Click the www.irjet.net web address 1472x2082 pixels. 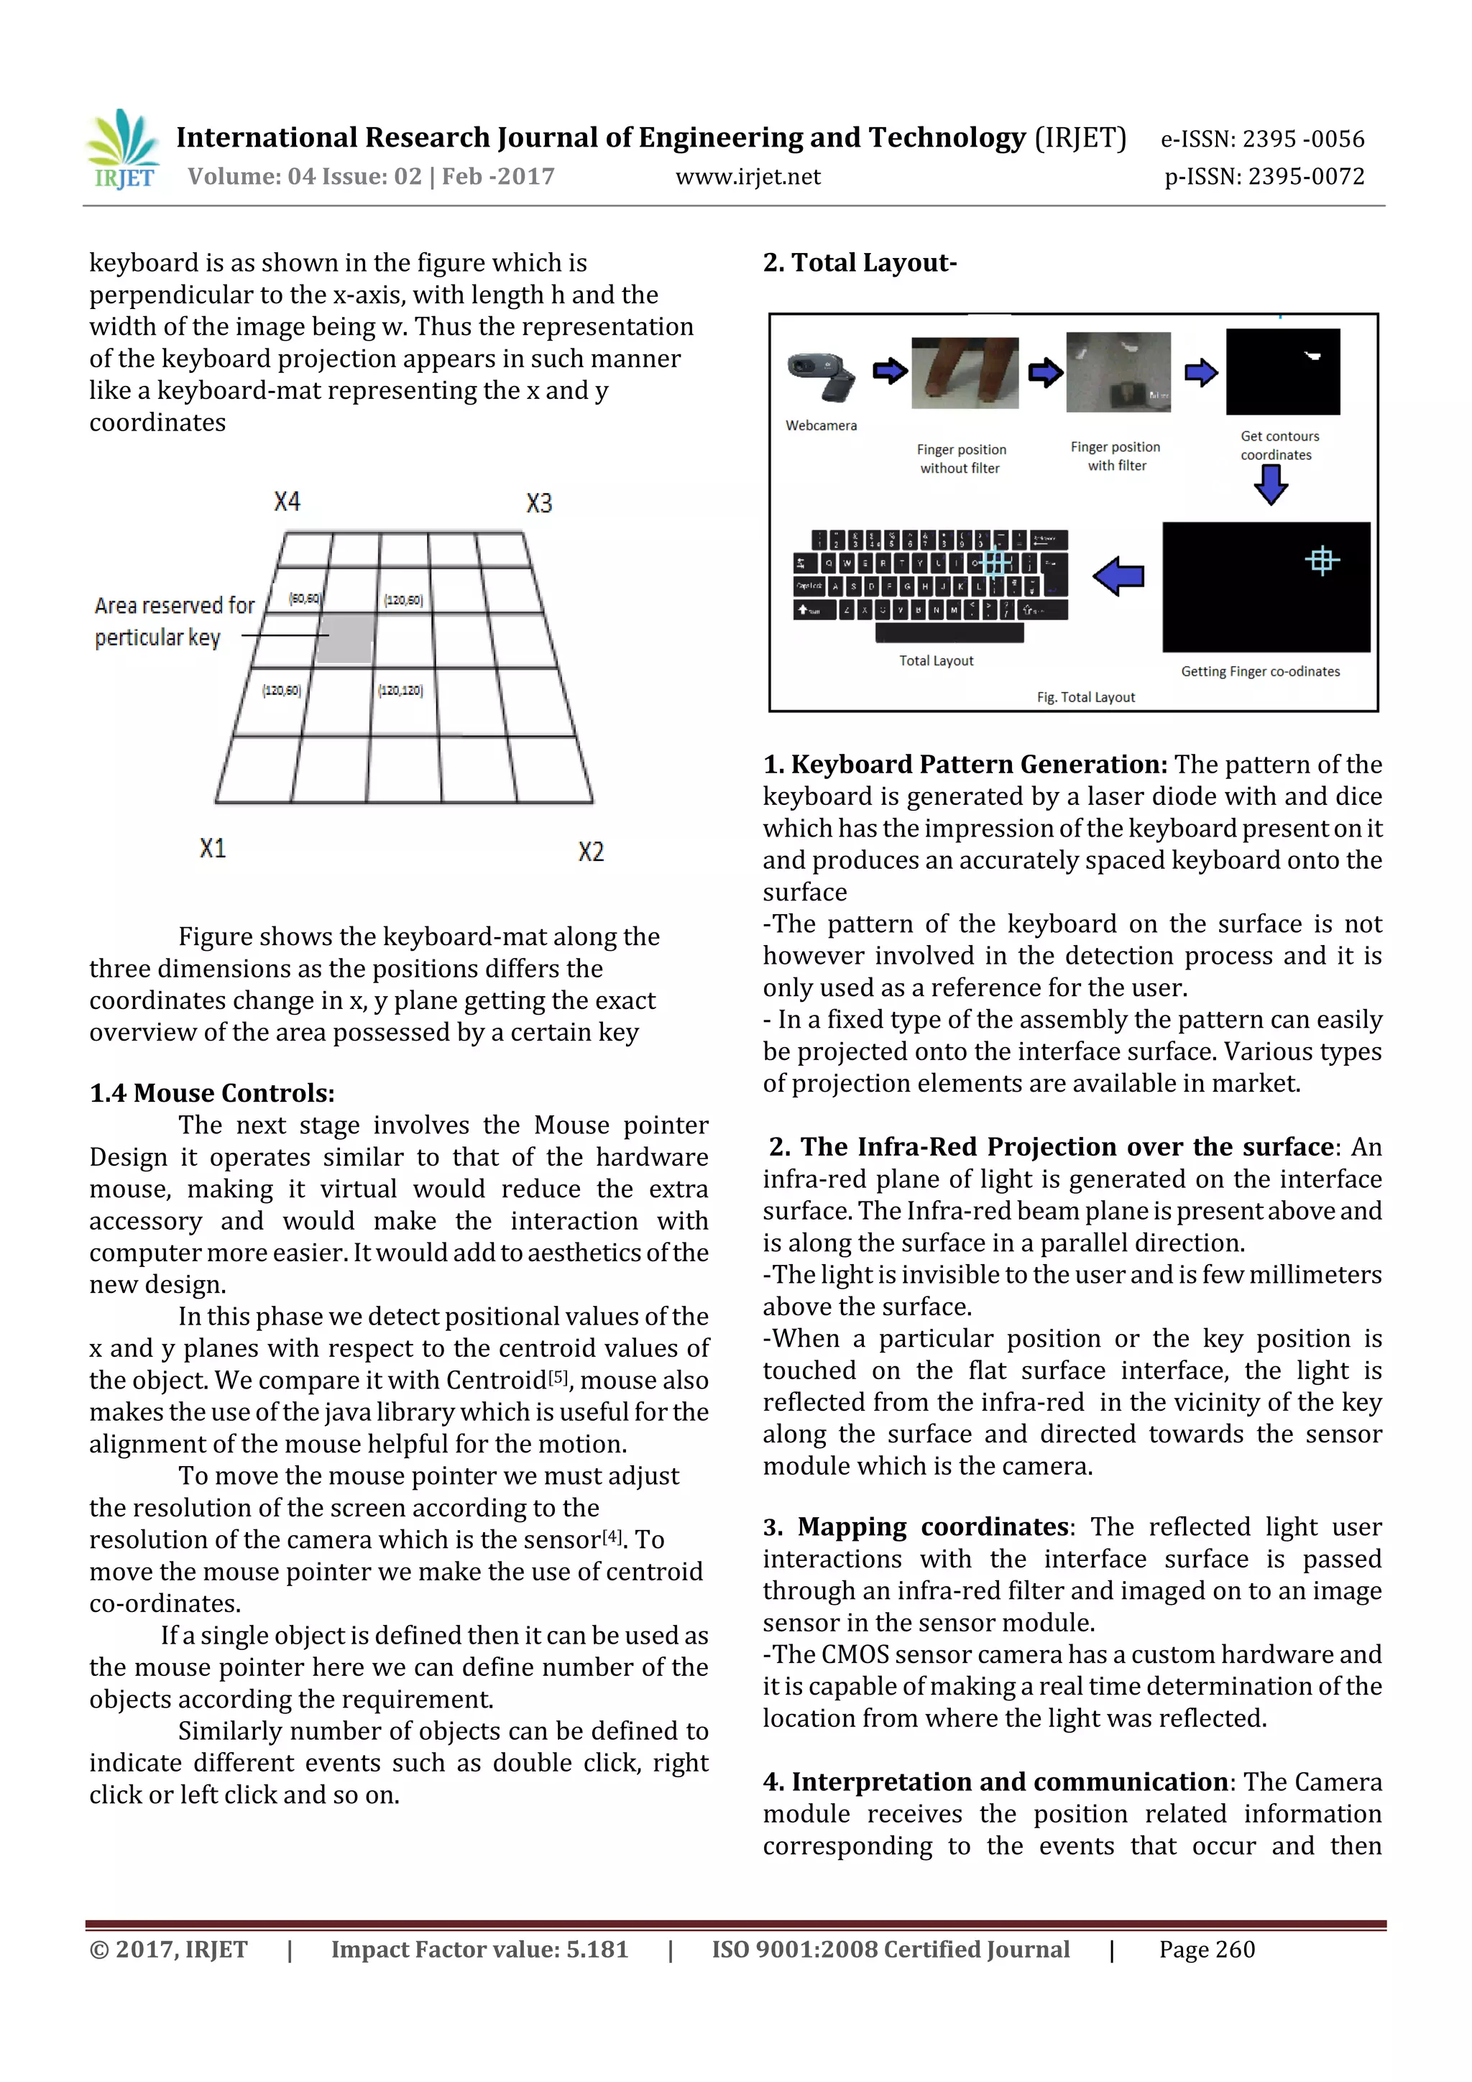[x=747, y=177]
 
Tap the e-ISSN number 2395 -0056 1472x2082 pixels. [x=1302, y=139]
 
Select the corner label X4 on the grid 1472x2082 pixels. [x=287, y=502]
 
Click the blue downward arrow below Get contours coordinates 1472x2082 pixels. [x=1271, y=485]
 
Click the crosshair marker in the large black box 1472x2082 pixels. [x=1322, y=561]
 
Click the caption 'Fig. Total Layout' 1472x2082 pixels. [x=1085, y=697]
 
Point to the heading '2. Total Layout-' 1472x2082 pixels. [x=859, y=263]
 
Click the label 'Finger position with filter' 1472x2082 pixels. [x=1115, y=456]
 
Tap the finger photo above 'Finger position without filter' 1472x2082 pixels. [x=964, y=373]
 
